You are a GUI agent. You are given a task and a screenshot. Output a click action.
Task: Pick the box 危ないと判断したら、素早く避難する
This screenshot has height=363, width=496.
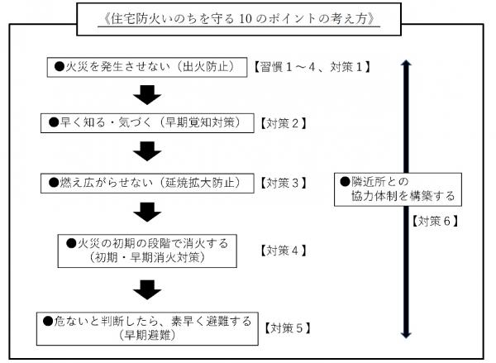(x=148, y=327)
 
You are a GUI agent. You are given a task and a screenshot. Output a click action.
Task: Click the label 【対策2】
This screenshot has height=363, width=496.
(x=284, y=123)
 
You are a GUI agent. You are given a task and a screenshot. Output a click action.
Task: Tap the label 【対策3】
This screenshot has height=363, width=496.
(x=284, y=182)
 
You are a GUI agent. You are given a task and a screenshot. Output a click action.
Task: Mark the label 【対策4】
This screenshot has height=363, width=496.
(x=284, y=250)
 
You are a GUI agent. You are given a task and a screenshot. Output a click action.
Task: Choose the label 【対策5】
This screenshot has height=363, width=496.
(x=289, y=327)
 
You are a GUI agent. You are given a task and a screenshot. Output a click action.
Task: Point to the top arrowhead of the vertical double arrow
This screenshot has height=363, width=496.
(x=403, y=64)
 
